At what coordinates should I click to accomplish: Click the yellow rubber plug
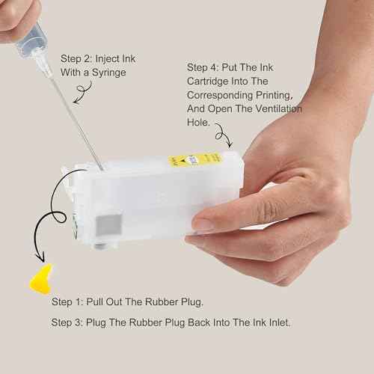41,279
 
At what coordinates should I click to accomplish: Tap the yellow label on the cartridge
195,159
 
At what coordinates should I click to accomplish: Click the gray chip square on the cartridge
108,225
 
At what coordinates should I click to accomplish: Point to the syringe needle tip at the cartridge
102,170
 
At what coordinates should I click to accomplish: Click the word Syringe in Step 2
109,73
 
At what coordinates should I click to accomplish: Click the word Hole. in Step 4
198,122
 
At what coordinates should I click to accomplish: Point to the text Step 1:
67,301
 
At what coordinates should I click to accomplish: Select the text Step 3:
67,322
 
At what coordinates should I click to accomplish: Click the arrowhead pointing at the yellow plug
40,257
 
